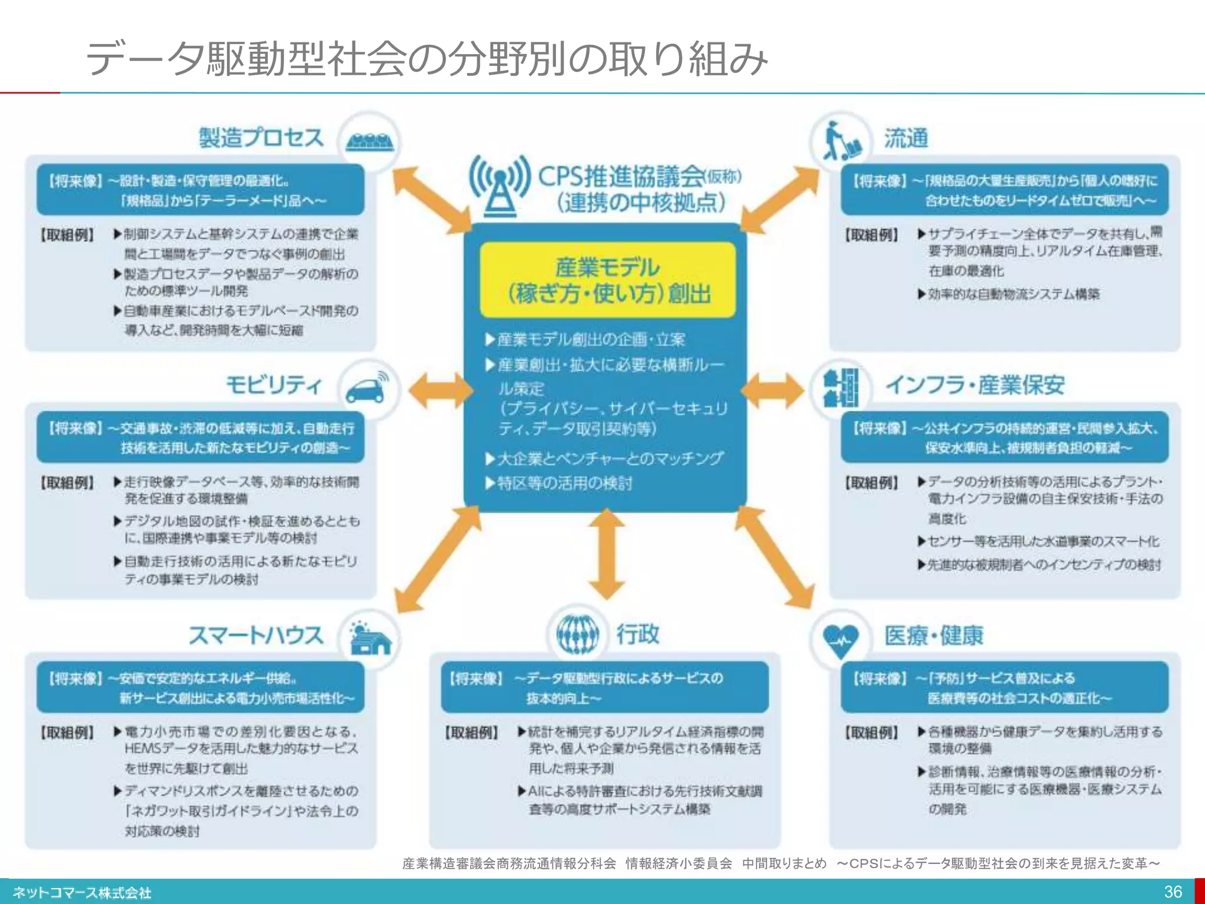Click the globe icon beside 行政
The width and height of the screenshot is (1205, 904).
(578, 634)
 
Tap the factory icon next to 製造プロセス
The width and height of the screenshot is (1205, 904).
(370, 142)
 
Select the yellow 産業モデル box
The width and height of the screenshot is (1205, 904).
(608, 280)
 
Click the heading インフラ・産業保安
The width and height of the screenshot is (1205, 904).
(975, 385)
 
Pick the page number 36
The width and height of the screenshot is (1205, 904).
(1173, 892)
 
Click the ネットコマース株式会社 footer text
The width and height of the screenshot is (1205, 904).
(82, 893)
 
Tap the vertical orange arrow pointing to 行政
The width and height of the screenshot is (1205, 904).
(607, 554)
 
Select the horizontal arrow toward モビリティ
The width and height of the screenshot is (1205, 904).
(440, 390)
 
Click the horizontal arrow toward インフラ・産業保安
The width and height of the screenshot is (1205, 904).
(772, 390)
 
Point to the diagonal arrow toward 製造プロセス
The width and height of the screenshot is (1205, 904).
(431, 200)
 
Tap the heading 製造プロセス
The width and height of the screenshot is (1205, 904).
(261, 138)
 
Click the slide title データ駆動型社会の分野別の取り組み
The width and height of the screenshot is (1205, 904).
(427, 59)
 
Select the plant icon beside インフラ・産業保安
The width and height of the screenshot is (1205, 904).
(841, 388)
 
